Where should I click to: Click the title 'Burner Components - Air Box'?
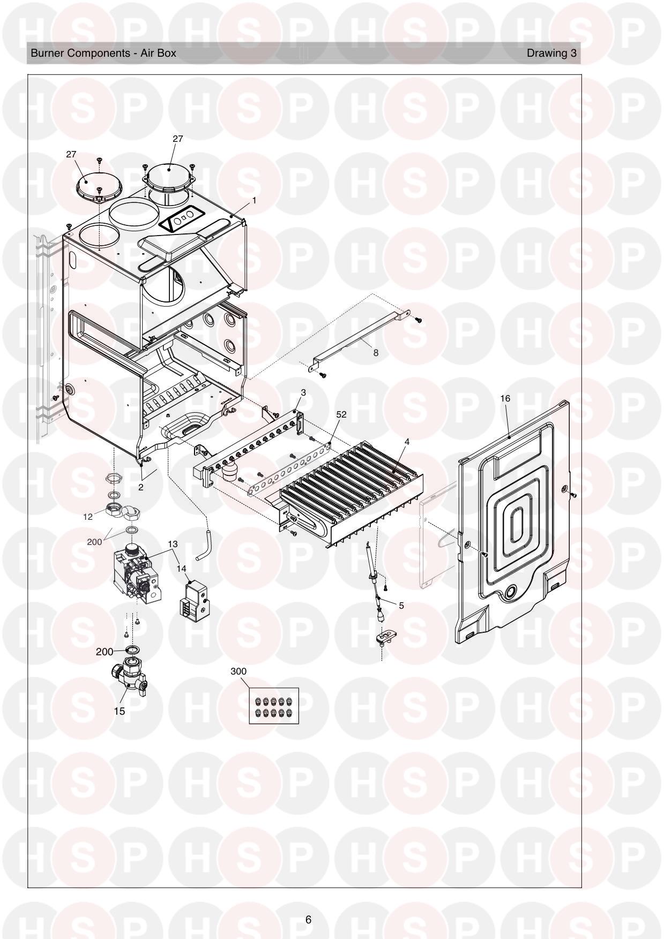103,53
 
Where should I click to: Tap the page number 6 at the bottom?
308,920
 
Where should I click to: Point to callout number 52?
341,414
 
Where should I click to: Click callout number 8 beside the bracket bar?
376,353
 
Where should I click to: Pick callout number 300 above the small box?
238,671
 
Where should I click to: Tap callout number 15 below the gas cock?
119,711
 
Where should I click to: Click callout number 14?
181,569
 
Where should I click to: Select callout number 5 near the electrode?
401,605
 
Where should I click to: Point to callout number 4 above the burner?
407,442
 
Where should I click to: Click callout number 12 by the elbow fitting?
88,517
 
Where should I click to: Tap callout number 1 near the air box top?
254,200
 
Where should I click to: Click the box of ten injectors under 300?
273,706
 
